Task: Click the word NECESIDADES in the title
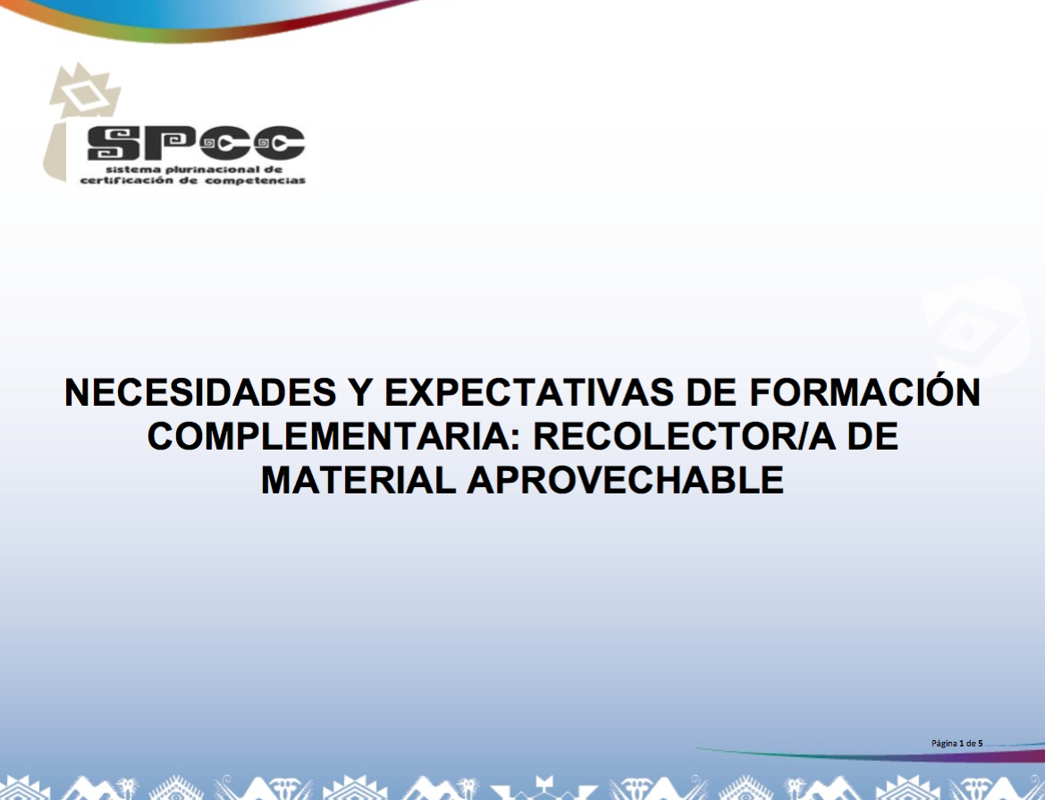click(x=200, y=392)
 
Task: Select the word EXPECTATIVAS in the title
click(x=529, y=392)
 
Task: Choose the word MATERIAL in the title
click(x=358, y=479)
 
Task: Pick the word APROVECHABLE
click(x=625, y=479)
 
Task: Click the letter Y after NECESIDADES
click(x=360, y=392)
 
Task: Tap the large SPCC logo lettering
click(x=196, y=143)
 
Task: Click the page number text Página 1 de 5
click(x=957, y=744)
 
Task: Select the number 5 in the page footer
click(x=981, y=743)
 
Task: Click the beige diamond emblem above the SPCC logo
click(x=85, y=92)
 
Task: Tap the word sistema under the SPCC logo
click(x=129, y=169)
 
